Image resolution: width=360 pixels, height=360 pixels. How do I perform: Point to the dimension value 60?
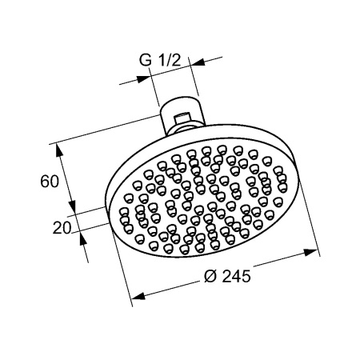49,181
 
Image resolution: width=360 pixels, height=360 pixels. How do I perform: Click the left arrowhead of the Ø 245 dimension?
136,297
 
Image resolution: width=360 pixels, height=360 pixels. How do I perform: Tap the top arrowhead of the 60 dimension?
56,148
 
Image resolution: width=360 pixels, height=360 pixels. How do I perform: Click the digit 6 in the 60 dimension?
45,181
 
